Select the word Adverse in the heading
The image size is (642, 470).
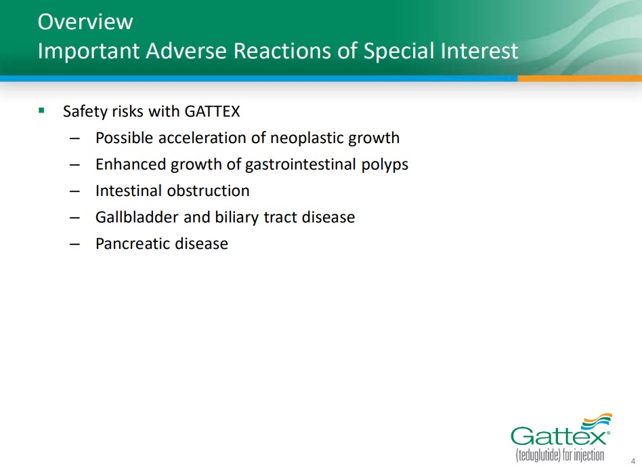186,51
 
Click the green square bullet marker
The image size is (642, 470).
41,111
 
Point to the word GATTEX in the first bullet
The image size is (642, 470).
212,111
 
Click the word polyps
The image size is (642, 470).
385,165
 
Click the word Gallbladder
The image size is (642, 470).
137,217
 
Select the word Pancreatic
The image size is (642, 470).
133,244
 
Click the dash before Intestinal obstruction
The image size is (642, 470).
75,192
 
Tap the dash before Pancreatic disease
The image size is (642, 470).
75,245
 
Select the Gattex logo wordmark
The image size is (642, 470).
559,436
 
